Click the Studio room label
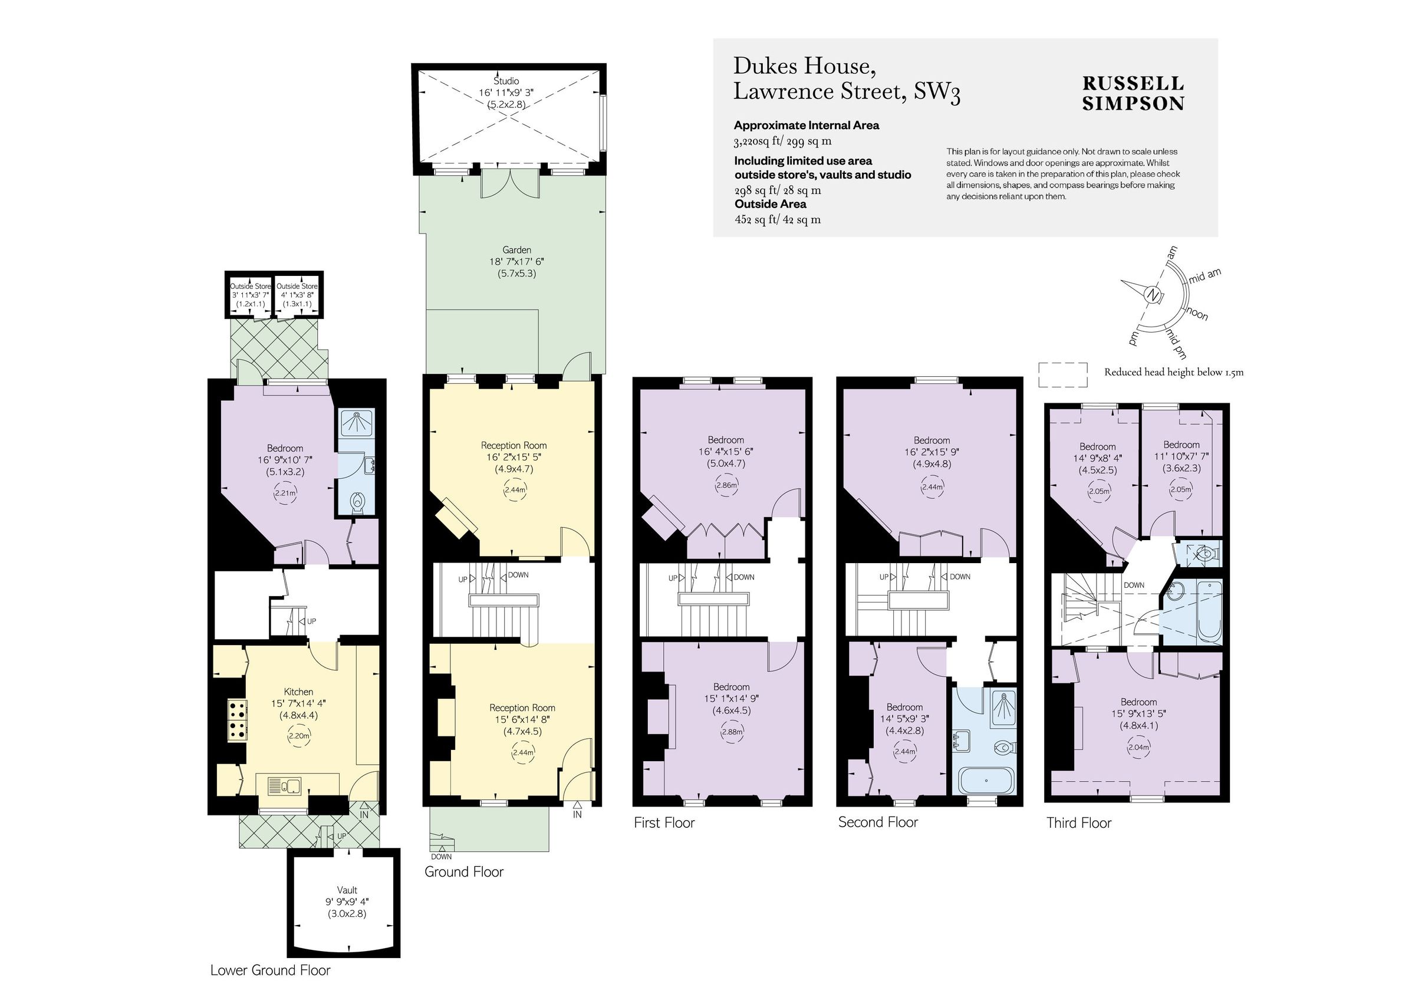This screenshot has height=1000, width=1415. (x=506, y=81)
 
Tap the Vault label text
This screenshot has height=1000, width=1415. (x=347, y=890)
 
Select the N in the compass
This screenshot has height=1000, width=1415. (x=1151, y=295)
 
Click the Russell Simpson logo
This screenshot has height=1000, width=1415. (x=1133, y=93)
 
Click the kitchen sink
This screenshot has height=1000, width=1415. (x=284, y=785)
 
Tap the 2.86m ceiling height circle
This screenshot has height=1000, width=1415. (x=726, y=485)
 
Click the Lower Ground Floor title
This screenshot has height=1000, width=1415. (x=270, y=971)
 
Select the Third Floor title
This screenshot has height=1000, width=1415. (x=1078, y=823)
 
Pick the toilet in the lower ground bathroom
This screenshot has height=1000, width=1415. (x=357, y=503)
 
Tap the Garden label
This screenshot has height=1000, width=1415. (x=516, y=249)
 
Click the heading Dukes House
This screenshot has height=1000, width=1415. (x=804, y=65)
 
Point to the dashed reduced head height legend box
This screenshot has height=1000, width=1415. (x=1062, y=374)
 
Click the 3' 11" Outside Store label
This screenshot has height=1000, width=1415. (x=250, y=295)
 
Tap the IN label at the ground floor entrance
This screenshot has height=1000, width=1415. (x=577, y=814)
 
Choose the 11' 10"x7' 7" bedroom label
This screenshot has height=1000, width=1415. (x=1181, y=456)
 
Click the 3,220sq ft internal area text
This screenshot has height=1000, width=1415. (x=782, y=141)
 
